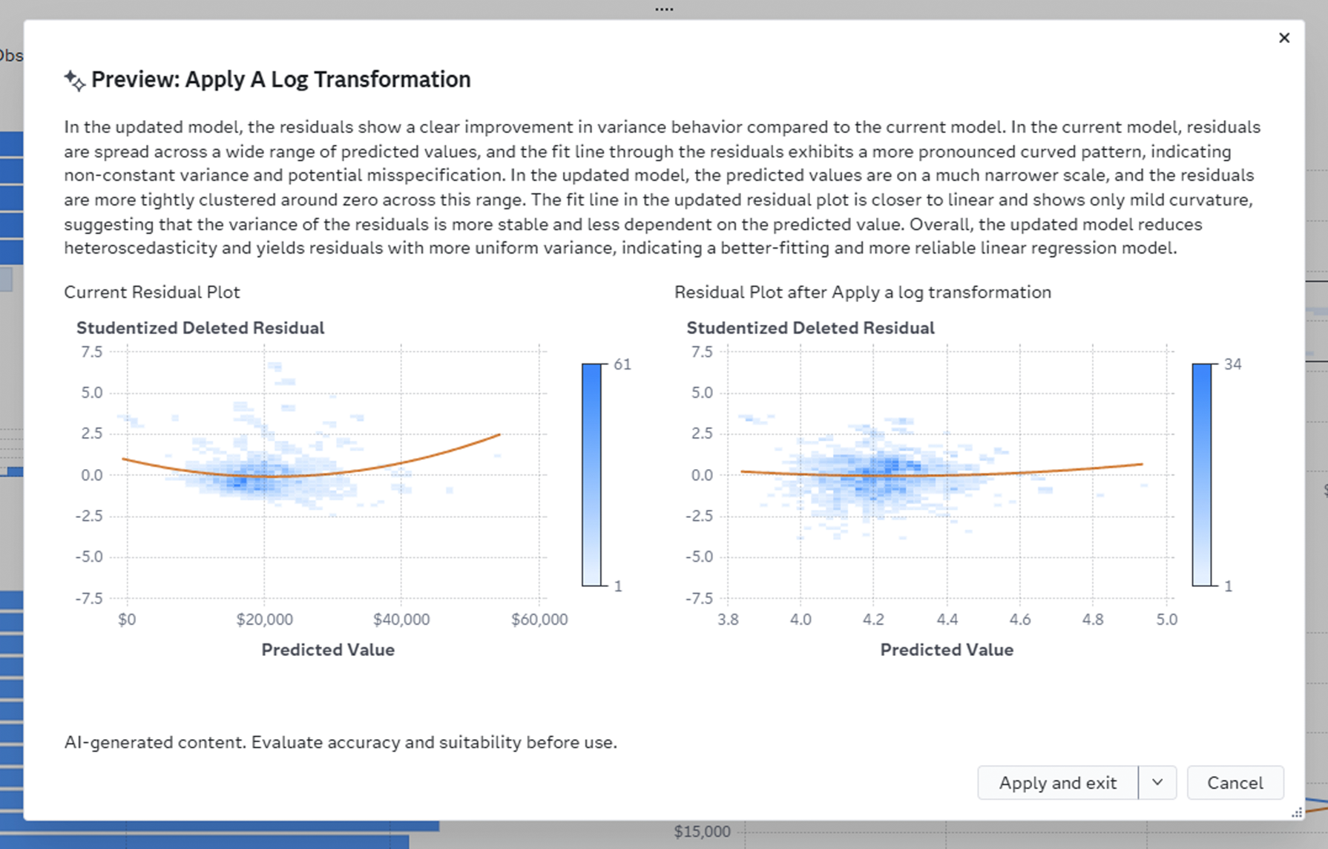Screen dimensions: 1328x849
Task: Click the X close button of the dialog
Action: click(x=1284, y=38)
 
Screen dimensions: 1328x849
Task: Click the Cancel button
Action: click(x=1235, y=783)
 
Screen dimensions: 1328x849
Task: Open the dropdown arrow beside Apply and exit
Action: click(x=1157, y=783)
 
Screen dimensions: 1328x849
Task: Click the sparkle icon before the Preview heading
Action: click(x=74, y=80)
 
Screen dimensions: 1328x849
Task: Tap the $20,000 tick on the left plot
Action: click(x=265, y=620)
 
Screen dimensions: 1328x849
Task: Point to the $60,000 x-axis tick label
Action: click(x=539, y=620)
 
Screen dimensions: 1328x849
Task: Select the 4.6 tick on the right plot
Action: click(x=1020, y=620)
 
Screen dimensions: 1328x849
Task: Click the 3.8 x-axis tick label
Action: click(x=728, y=620)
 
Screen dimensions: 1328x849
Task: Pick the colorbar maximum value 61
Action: click(x=622, y=364)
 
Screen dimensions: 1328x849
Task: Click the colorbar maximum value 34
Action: click(x=1233, y=364)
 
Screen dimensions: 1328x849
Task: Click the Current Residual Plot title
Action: click(x=152, y=292)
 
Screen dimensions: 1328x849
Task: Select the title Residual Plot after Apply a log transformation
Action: click(x=863, y=292)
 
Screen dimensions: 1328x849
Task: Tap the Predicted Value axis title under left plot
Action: click(x=328, y=650)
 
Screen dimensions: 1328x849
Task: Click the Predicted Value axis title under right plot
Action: click(x=947, y=650)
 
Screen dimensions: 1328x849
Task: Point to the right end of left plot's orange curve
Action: click(x=500, y=435)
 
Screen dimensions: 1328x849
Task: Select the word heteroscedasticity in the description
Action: click(x=140, y=248)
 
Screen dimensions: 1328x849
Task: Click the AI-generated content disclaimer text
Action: click(x=341, y=743)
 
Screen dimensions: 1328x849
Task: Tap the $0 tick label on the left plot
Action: click(x=127, y=620)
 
